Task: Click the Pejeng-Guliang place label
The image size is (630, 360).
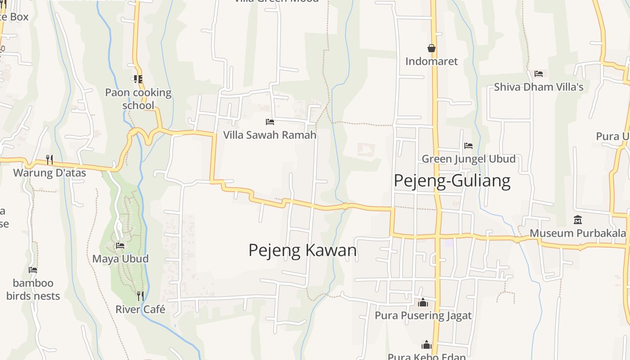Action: coord(452,180)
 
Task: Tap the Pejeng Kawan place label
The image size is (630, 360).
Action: coord(302,250)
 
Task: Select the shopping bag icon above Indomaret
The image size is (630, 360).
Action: coord(432,48)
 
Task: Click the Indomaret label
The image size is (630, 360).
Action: coord(432,61)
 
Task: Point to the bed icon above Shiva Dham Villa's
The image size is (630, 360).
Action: coord(539,74)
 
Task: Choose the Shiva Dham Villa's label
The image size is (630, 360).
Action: coord(539,87)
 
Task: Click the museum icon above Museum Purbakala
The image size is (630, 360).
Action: coord(578,220)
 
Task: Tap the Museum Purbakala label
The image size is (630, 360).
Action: coord(578,233)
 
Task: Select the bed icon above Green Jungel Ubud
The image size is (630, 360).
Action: coord(468,146)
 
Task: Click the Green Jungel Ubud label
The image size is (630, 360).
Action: coord(468,159)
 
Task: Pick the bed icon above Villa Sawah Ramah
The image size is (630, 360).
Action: coord(270,122)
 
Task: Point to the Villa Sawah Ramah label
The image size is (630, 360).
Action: coord(270,135)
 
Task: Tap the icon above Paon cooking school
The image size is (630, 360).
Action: coord(138,79)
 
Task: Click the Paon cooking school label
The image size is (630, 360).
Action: coord(138,99)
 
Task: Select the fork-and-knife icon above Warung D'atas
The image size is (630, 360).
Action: coord(49,159)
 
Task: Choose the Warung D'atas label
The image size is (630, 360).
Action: coord(49,172)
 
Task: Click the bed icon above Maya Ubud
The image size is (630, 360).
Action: coord(120,246)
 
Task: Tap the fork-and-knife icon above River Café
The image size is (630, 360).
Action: coord(140,296)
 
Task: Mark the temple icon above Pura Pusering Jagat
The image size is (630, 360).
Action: coord(423,302)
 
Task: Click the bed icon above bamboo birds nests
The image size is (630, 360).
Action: coord(33,270)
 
